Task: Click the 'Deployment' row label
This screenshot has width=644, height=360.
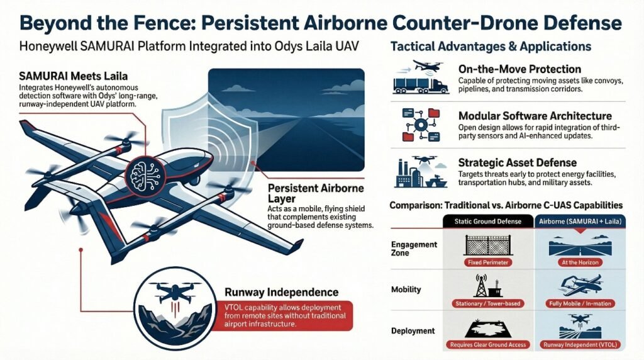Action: pos(413,331)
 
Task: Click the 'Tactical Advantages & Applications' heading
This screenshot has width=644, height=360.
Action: pos(491,47)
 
